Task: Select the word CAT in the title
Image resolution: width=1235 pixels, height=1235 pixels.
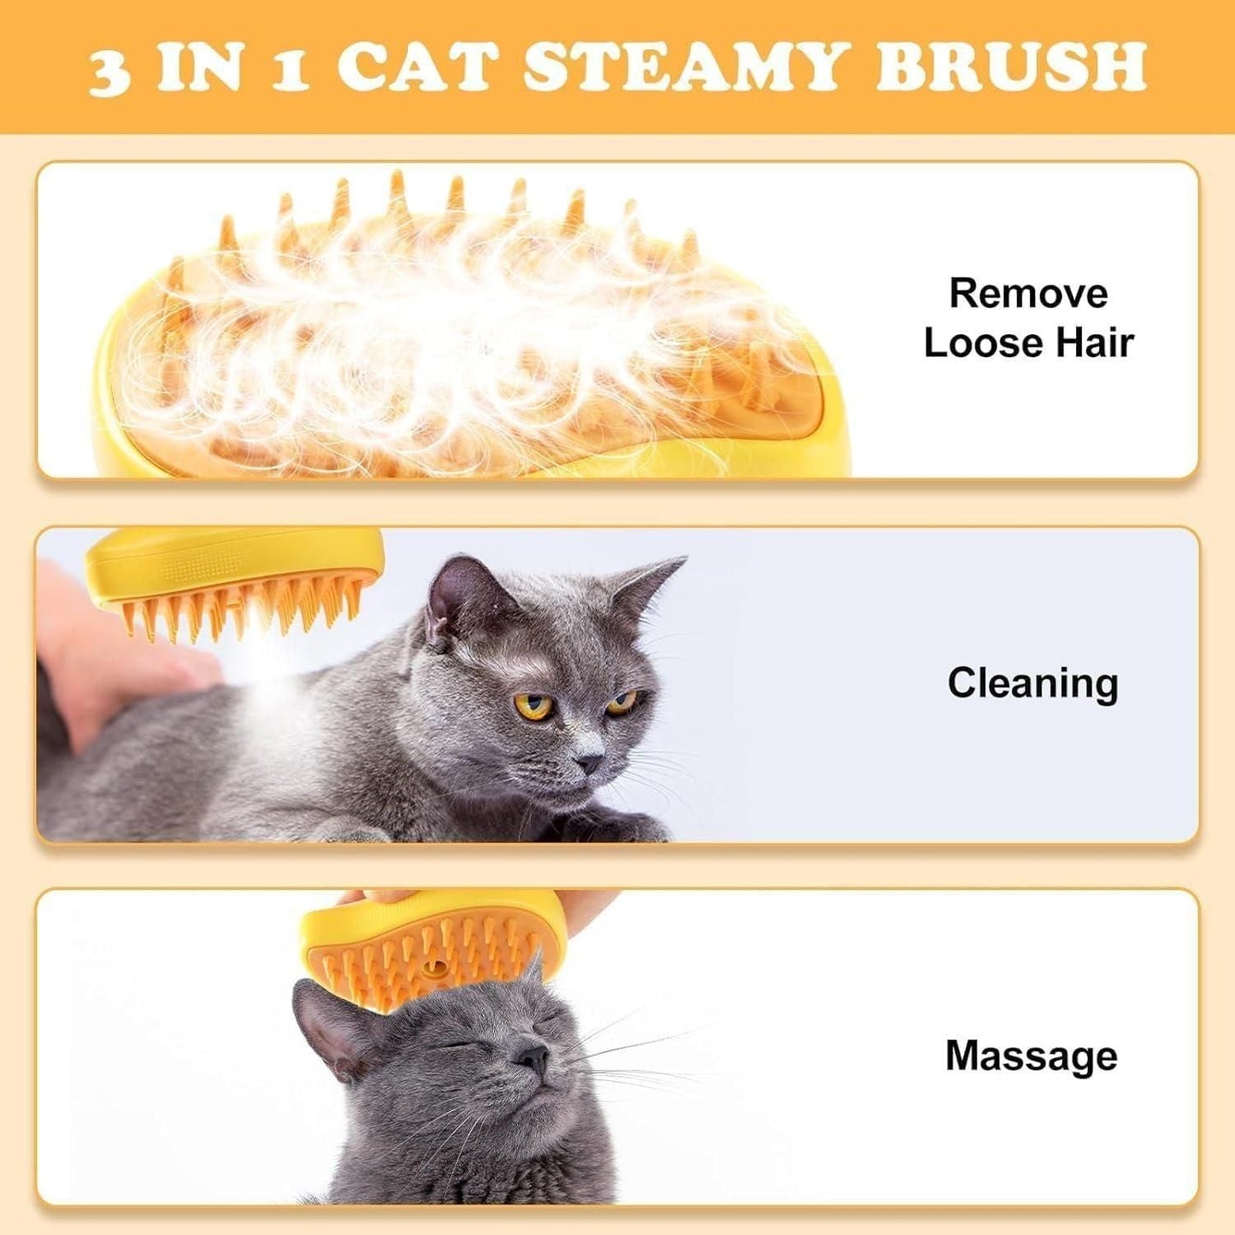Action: tap(418, 67)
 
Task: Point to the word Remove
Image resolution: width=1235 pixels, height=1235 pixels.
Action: tap(1028, 294)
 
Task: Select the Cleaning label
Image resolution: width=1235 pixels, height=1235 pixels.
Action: tap(1032, 684)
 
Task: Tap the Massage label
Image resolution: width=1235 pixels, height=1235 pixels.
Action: tap(1031, 1056)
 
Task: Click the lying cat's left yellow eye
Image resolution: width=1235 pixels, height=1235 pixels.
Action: tap(534, 707)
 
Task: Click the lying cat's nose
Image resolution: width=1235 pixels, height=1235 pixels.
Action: tap(588, 761)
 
